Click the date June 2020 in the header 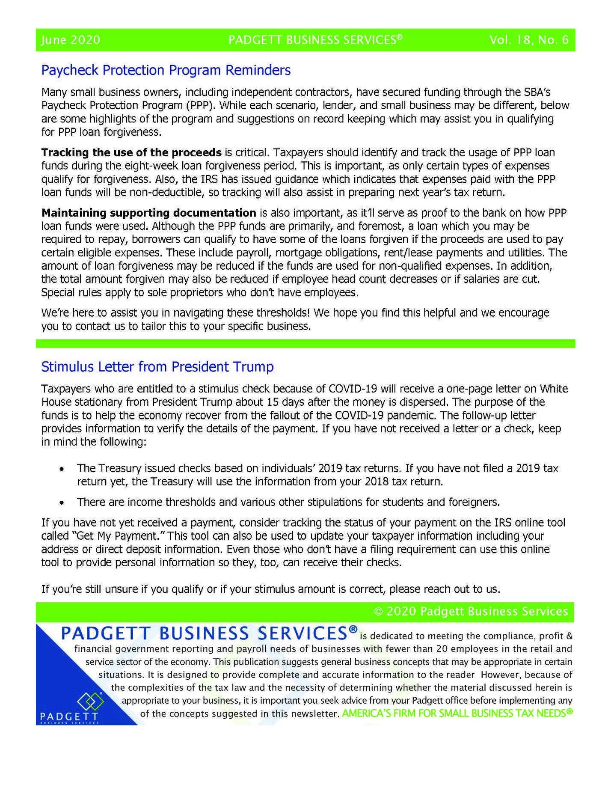(71, 40)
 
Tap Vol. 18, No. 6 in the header (529, 40)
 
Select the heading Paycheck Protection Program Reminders (166, 70)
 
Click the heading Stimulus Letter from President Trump (157, 367)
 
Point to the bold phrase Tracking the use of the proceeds (131, 152)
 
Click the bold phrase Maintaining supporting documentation (148, 213)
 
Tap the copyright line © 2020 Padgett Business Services (471, 611)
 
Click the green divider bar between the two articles (305, 344)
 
